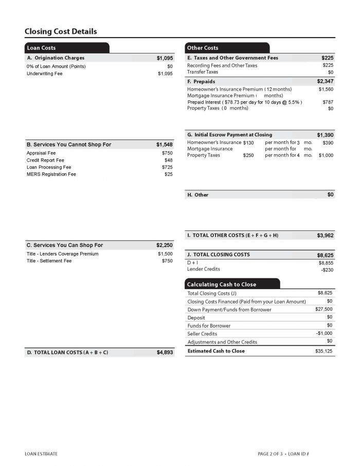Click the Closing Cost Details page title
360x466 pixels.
click(61, 32)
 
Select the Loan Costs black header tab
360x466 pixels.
click(42, 48)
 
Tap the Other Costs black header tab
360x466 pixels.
click(203, 48)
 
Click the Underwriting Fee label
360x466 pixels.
click(44, 74)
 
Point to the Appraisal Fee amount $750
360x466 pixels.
click(167, 153)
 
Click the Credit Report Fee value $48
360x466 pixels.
click(168, 160)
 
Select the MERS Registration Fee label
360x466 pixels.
click(51, 174)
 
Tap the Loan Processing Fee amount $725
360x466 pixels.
click(167, 167)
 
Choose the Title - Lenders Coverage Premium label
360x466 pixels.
click(62, 254)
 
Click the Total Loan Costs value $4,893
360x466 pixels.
click(165, 353)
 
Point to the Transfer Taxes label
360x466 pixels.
click(203, 72)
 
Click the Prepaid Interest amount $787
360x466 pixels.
click(328, 102)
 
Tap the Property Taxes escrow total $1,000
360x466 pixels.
click(326, 155)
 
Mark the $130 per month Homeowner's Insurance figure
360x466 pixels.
click(248, 142)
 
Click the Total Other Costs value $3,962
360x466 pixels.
click(325, 236)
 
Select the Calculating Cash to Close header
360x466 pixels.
click(221, 284)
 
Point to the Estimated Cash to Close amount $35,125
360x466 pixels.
click(324, 351)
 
